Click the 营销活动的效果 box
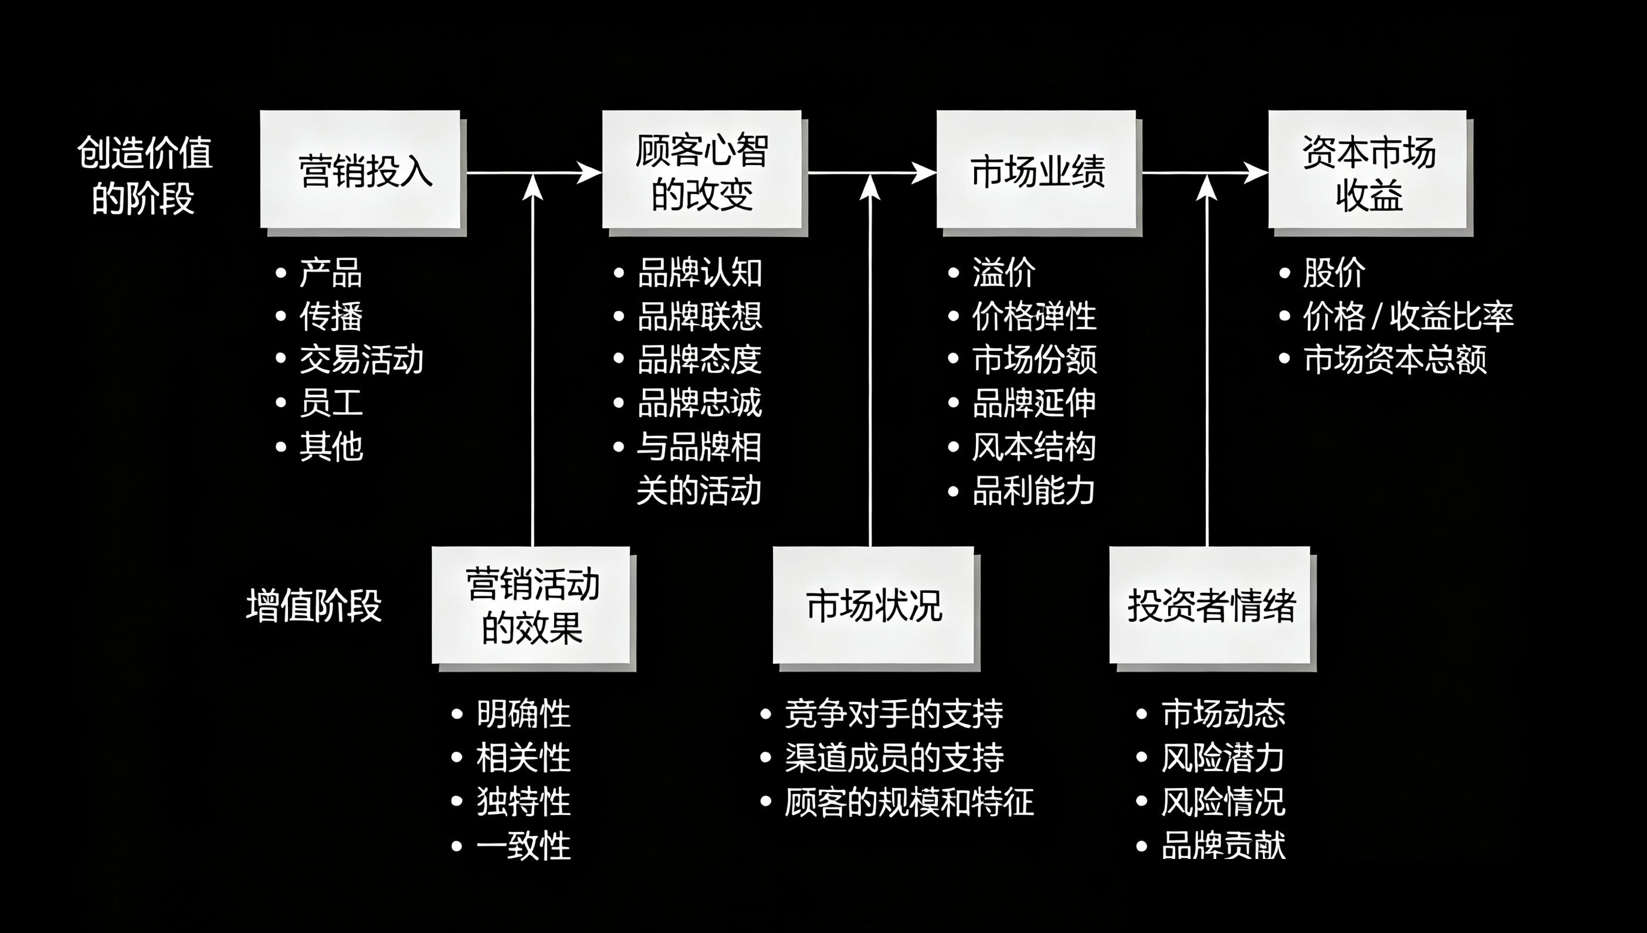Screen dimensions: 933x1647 pyautogui.click(x=531, y=606)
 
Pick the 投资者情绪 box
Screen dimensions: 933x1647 pyautogui.click(x=1210, y=606)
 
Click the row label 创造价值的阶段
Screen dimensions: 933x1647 pyautogui.click(x=144, y=175)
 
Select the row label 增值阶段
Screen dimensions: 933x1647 pyautogui.click(x=313, y=606)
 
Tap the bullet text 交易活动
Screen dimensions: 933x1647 pyautogui.click(x=361, y=359)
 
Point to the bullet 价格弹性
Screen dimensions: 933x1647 pyautogui.click(x=1034, y=316)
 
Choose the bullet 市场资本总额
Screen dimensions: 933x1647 pyautogui.click(x=1395, y=359)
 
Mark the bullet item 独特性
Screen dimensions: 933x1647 pyautogui.click(x=522, y=802)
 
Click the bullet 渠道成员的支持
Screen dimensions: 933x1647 pyautogui.click(x=894, y=757)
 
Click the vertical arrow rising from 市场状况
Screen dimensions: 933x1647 pyautogui.click(x=870, y=359)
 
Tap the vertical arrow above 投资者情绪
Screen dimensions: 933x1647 pyautogui.click(x=1207, y=359)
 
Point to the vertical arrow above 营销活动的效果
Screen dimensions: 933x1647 pyautogui.click(x=533, y=359)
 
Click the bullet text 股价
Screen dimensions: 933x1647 pyautogui.click(x=1334, y=273)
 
